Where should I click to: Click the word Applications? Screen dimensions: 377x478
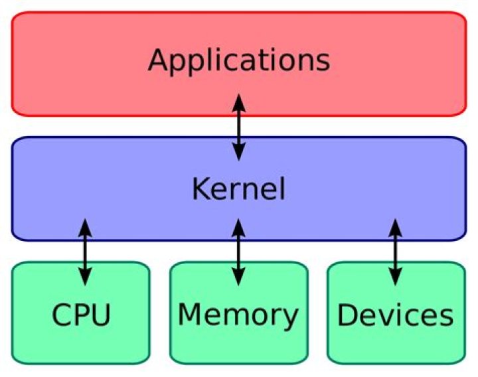(x=239, y=60)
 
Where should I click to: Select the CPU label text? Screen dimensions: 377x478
(x=81, y=315)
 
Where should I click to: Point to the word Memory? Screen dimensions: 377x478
(x=238, y=315)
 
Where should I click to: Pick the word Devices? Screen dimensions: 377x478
(x=396, y=315)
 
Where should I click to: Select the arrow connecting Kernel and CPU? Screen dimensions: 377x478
(x=85, y=251)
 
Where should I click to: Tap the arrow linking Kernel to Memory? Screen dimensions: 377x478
(x=239, y=251)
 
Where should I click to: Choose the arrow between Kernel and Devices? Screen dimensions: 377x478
(x=396, y=251)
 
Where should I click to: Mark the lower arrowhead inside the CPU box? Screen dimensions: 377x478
(x=85, y=277)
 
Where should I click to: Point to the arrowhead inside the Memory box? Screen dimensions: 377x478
(x=239, y=277)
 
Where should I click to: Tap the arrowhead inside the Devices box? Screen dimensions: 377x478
(x=396, y=277)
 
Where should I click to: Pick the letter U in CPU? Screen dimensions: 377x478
(x=100, y=315)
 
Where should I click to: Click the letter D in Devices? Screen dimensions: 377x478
(x=347, y=315)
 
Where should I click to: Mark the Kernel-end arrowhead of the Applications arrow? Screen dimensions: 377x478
(x=239, y=154)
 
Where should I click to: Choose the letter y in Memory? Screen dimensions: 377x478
(x=290, y=319)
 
